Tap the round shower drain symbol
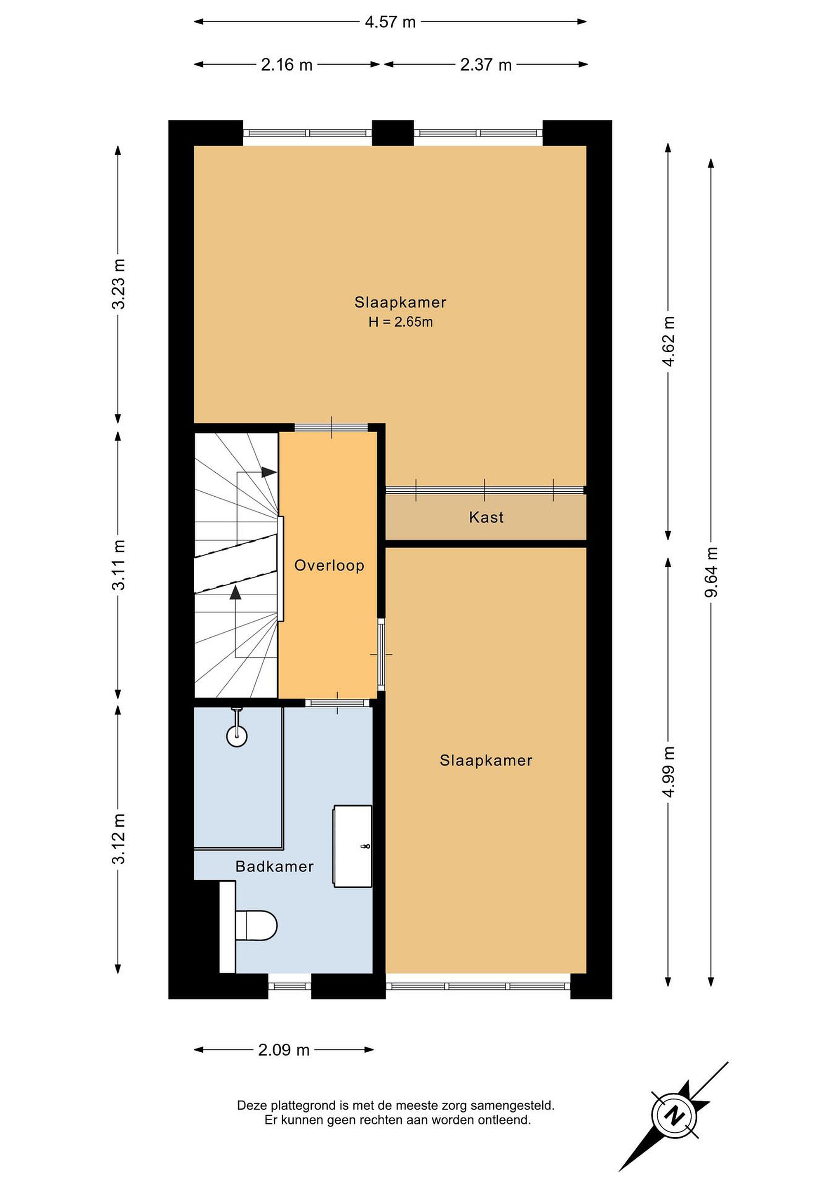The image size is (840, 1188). pos(237,736)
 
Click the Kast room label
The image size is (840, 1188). pos(486,517)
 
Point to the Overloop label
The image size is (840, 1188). pos(329,566)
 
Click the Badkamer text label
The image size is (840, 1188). pos(275,867)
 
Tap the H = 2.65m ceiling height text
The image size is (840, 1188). pos(401,322)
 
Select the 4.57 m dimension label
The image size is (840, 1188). pos(390,22)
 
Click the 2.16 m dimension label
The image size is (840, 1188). pos(287,65)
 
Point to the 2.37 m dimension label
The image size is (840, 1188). pos(486,65)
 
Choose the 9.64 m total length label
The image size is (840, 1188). pos(712,572)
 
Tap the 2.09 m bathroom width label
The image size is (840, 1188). pos(284,1050)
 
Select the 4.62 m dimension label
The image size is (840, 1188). pos(668,342)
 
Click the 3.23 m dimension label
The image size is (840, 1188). pos(118,284)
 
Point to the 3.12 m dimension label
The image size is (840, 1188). pos(118,839)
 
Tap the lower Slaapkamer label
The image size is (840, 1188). pos(486,760)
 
